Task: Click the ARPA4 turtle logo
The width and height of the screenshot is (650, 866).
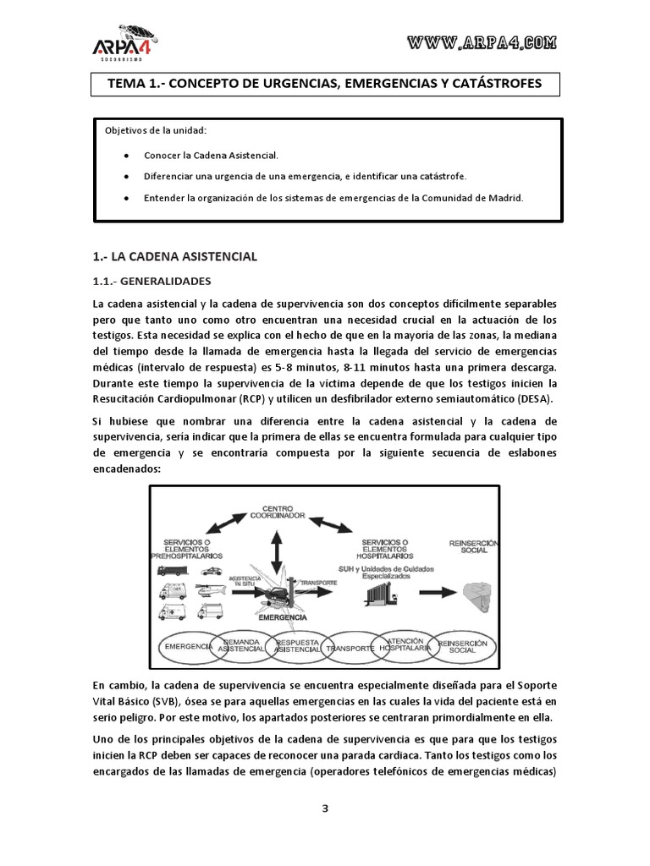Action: [x=127, y=43]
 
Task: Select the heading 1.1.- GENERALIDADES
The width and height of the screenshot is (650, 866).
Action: [x=151, y=281]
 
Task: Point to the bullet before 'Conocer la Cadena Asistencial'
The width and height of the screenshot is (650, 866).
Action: [x=125, y=156]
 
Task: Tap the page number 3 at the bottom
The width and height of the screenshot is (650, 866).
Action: [x=324, y=808]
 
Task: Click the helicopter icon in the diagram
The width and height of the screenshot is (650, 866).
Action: [x=208, y=589]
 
